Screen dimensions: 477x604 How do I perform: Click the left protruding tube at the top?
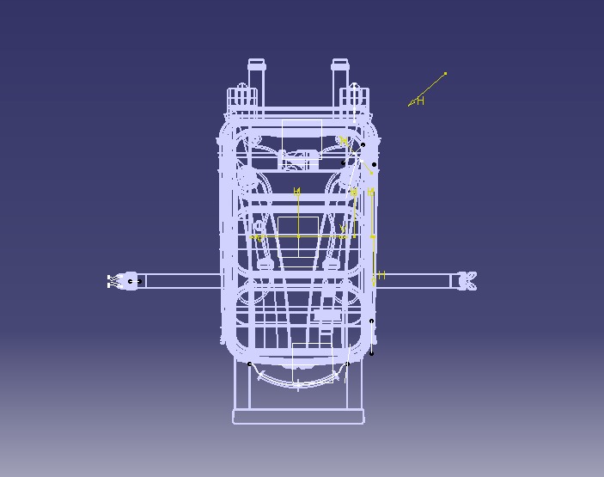257,72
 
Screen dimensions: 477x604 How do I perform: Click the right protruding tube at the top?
339,72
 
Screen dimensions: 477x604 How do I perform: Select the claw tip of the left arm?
112,281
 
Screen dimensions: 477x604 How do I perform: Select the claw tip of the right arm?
469,280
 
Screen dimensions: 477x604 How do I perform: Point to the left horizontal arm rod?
180,281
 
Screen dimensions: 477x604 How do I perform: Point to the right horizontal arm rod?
412,280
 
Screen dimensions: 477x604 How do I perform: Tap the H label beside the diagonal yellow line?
420,101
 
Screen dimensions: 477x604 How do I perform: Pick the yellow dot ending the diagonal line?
445,74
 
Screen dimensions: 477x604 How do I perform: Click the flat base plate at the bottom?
298,418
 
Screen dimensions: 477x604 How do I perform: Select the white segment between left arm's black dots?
135,281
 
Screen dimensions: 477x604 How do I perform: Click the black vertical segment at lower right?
372,337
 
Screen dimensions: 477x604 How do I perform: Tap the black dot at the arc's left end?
250,364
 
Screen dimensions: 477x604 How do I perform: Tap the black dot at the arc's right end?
347,364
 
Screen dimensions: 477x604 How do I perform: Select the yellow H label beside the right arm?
381,275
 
